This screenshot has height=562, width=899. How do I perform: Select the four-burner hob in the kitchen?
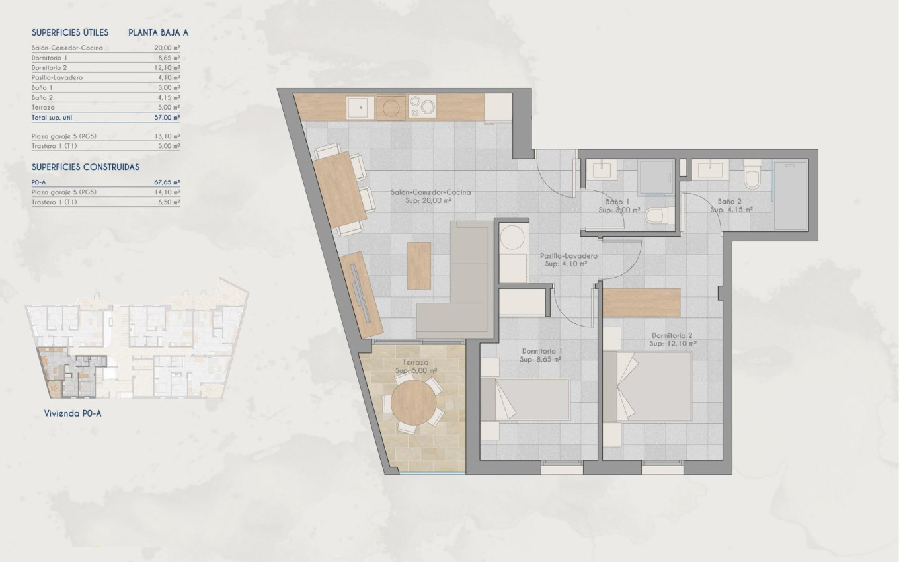point(422,106)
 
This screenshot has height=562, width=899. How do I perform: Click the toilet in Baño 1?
point(659,216)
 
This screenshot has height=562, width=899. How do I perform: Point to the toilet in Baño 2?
point(752,176)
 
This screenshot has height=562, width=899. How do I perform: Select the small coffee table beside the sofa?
point(418,265)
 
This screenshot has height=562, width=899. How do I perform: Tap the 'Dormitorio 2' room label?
point(673,336)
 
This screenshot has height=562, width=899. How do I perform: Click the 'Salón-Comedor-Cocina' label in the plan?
point(430,192)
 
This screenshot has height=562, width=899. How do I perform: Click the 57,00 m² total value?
point(167,117)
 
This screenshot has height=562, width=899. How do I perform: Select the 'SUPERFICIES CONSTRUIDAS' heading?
point(85,167)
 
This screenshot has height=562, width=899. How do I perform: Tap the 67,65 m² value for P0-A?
point(167,182)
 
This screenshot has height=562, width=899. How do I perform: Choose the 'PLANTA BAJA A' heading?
point(159,32)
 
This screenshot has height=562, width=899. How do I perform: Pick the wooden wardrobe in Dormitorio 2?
point(642,302)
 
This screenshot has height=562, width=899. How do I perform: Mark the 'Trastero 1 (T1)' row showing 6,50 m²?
point(106,202)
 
